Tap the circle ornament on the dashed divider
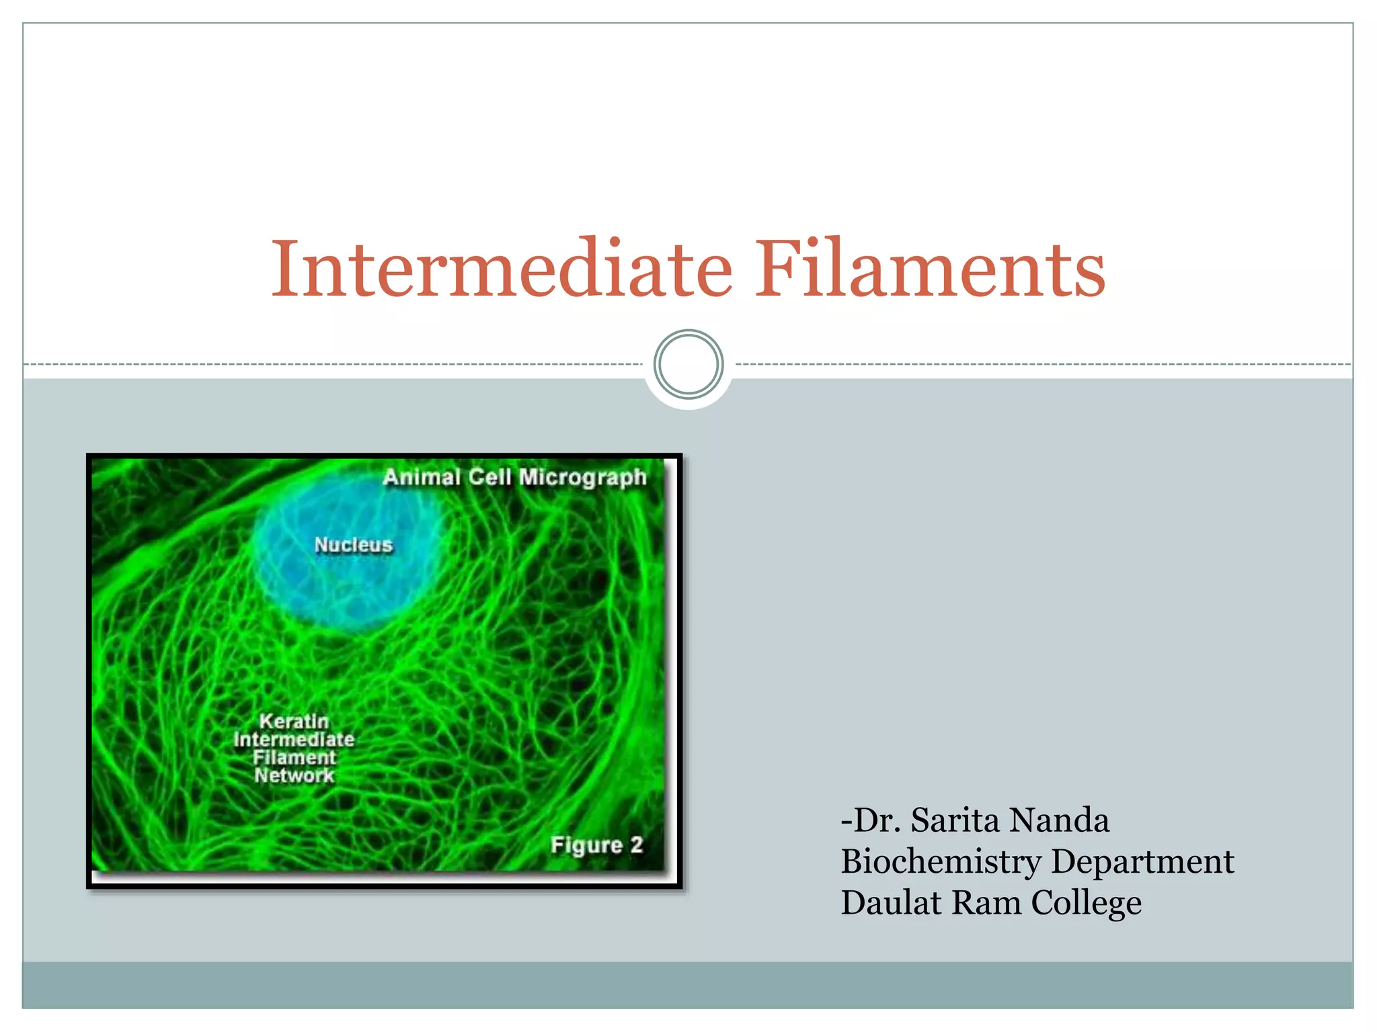[x=688, y=365]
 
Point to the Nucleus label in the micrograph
[x=353, y=544]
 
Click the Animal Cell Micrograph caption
[x=514, y=477]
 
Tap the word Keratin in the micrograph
[x=294, y=721]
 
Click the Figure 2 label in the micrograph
[x=596, y=845]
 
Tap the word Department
[x=1142, y=861]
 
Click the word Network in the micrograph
[x=294, y=776]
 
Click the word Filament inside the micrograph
[x=294, y=758]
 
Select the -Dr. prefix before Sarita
[x=871, y=820]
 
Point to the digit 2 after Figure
[x=636, y=845]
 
